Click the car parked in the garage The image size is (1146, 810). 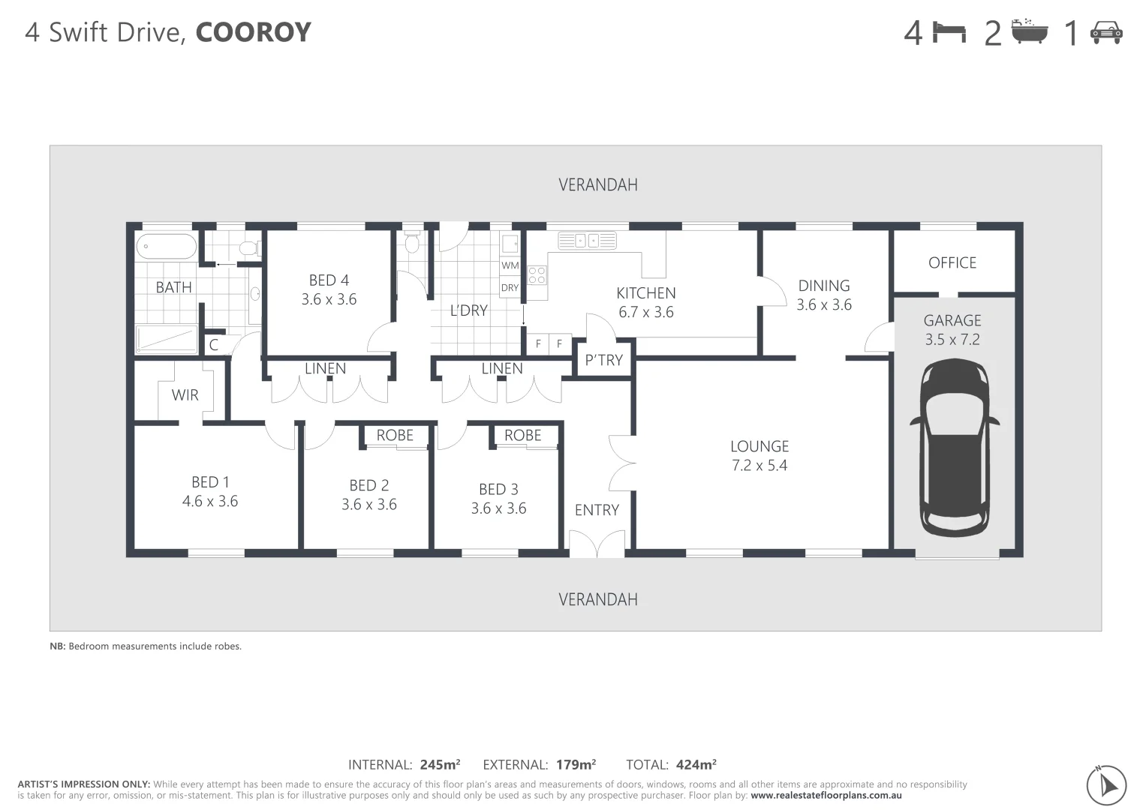[x=954, y=448]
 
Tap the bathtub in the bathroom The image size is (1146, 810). [x=167, y=247]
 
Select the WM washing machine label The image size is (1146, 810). [x=510, y=265]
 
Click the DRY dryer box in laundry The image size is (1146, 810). [x=510, y=287]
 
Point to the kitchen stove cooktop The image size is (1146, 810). [x=537, y=275]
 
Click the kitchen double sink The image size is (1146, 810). [x=587, y=241]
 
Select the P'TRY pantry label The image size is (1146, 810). [x=603, y=360]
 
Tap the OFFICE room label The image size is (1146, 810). [x=952, y=262]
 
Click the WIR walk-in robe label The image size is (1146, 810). [x=185, y=394]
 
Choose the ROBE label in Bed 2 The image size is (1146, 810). [x=395, y=435]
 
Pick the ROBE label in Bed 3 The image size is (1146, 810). [x=522, y=435]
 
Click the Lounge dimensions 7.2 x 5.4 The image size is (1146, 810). [x=759, y=465]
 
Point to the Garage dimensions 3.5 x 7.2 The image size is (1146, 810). [x=952, y=339]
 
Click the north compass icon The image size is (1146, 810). [x=1106, y=784]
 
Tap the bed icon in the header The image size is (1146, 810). [x=949, y=32]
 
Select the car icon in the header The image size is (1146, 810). [x=1105, y=32]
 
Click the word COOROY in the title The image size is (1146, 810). [x=253, y=32]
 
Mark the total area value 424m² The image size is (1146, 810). [x=696, y=765]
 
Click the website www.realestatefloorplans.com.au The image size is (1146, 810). [x=826, y=796]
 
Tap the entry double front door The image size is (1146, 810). [x=597, y=544]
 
